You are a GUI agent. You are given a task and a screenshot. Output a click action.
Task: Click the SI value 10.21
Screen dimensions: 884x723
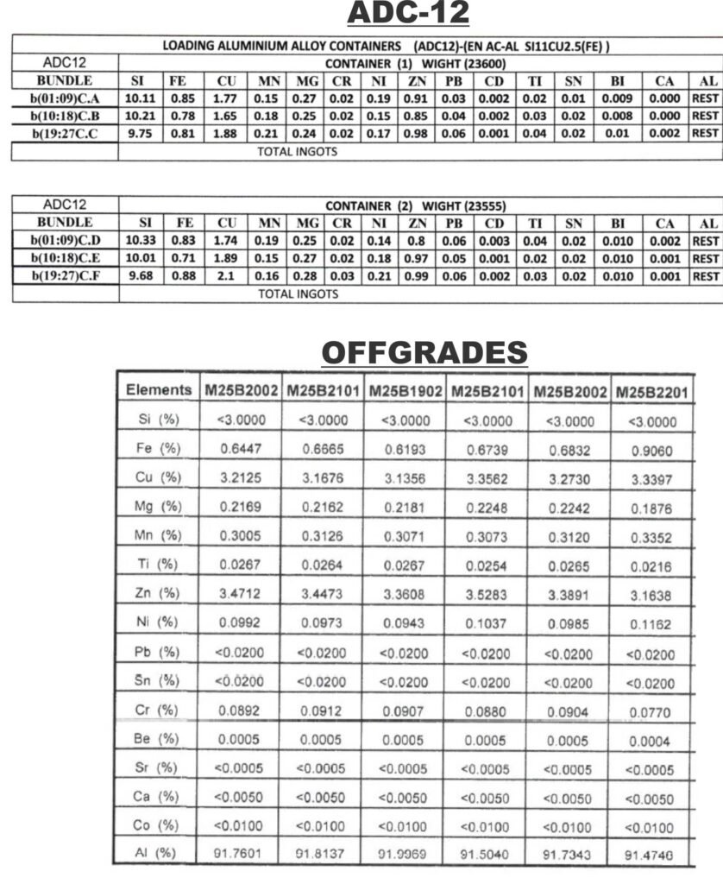click(x=140, y=115)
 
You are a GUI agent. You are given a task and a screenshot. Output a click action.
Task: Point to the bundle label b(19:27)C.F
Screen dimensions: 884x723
click(x=65, y=276)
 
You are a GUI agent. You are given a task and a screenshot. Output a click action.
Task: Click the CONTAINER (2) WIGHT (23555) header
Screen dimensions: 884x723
click(x=414, y=206)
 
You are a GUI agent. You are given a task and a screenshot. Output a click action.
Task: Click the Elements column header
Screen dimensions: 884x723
click(x=159, y=389)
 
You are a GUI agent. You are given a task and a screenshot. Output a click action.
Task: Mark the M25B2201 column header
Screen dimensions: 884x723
click(x=652, y=392)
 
